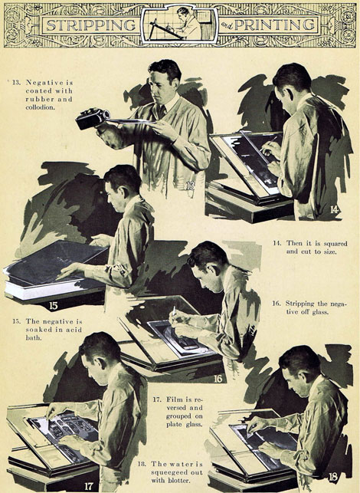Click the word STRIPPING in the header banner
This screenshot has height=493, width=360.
91,25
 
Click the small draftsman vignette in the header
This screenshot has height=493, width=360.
179,25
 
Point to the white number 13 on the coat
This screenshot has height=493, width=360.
191,186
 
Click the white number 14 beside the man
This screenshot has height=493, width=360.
334,209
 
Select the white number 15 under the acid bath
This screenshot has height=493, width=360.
54,306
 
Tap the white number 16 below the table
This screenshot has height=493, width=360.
218,379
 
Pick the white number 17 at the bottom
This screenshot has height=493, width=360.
89,486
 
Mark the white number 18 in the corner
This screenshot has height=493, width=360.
332,477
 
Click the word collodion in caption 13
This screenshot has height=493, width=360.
40,107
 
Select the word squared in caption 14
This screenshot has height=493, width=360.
335,243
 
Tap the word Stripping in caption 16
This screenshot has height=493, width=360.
299,304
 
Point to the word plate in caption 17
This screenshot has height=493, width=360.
174,425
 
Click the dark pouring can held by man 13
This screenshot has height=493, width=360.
93,119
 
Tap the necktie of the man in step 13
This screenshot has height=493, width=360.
162,111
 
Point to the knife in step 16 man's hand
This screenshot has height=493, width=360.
173,312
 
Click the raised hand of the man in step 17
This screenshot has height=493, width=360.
54,409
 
